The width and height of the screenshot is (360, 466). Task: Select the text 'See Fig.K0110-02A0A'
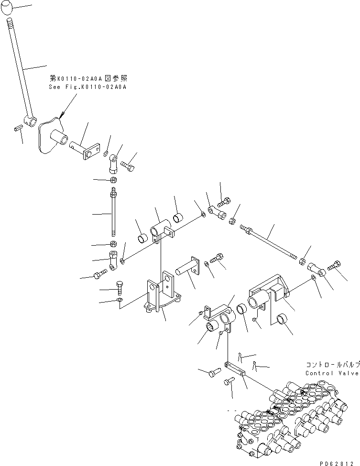(x=88, y=87)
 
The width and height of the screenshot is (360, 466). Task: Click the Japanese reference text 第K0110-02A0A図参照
(x=88, y=77)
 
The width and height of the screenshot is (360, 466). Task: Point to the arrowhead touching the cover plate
(x=62, y=114)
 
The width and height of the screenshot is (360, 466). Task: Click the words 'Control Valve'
(x=332, y=373)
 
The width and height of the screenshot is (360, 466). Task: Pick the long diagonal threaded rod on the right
(x=270, y=242)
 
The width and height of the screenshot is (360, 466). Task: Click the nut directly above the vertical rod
(x=113, y=180)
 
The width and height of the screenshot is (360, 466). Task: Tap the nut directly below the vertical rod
(x=113, y=244)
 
